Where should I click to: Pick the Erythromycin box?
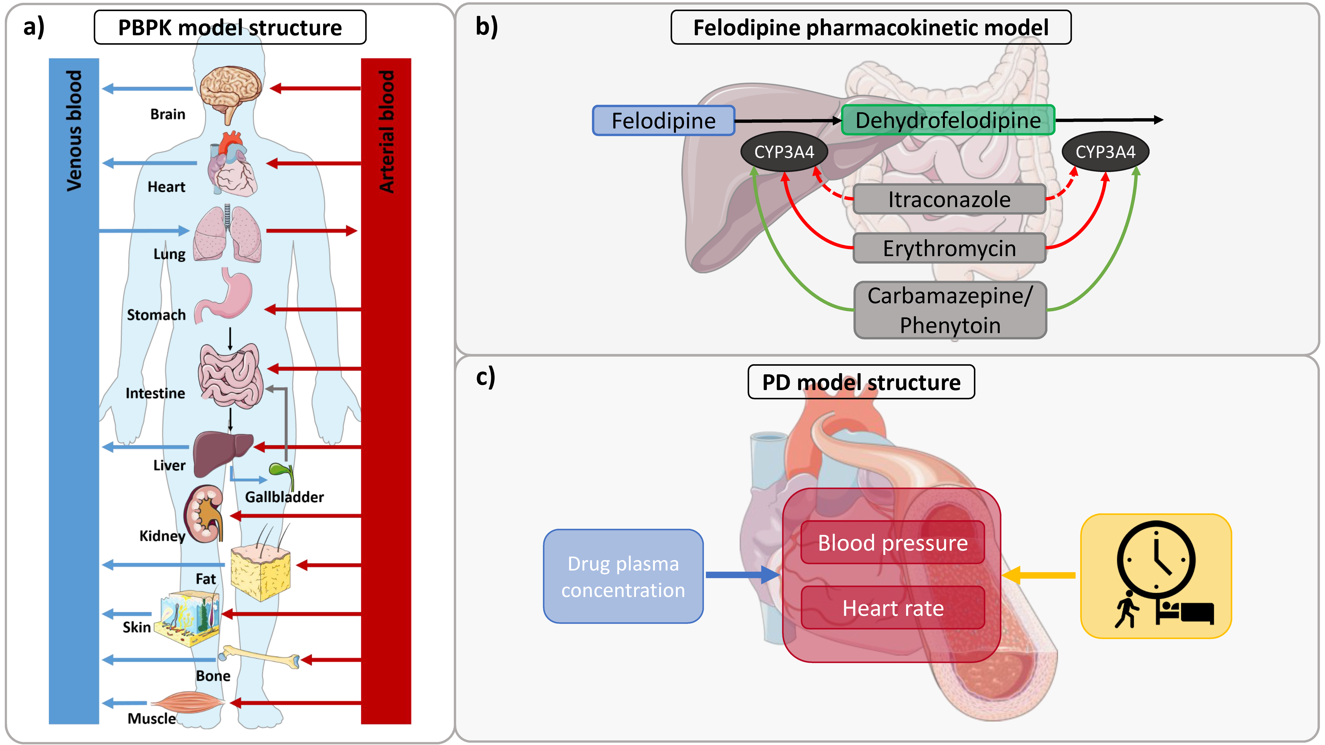(949, 248)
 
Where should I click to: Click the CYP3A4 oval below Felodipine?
(784, 152)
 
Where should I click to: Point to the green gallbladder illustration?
(280, 472)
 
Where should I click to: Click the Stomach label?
(156, 315)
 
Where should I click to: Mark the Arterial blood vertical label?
(386, 131)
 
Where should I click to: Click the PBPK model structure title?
(230, 28)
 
